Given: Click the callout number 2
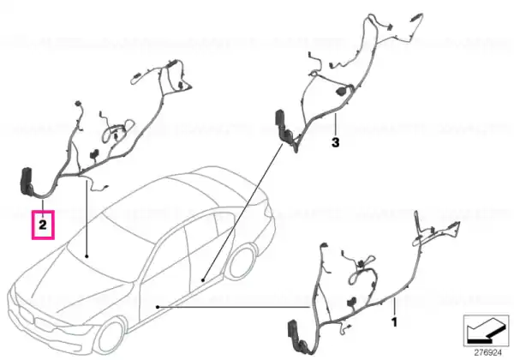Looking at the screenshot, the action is pyautogui.click(x=43, y=225).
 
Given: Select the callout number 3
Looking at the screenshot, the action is pyautogui.click(x=335, y=143).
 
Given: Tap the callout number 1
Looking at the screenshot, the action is pyautogui.click(x=395, y=322).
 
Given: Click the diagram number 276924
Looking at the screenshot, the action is pyautogui.click(x=488, y=353).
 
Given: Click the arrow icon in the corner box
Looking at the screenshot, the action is pyautogui.click(x=486, y=331).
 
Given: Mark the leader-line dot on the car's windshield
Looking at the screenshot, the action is pyautogui.click(x=87, y=255).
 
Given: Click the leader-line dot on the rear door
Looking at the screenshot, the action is pyautogui.click(x=203, y=280).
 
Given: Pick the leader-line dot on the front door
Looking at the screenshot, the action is pyautogui.click(x=158, y=307).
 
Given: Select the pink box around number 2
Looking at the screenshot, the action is pyautogui.click(x=43, y=225).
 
